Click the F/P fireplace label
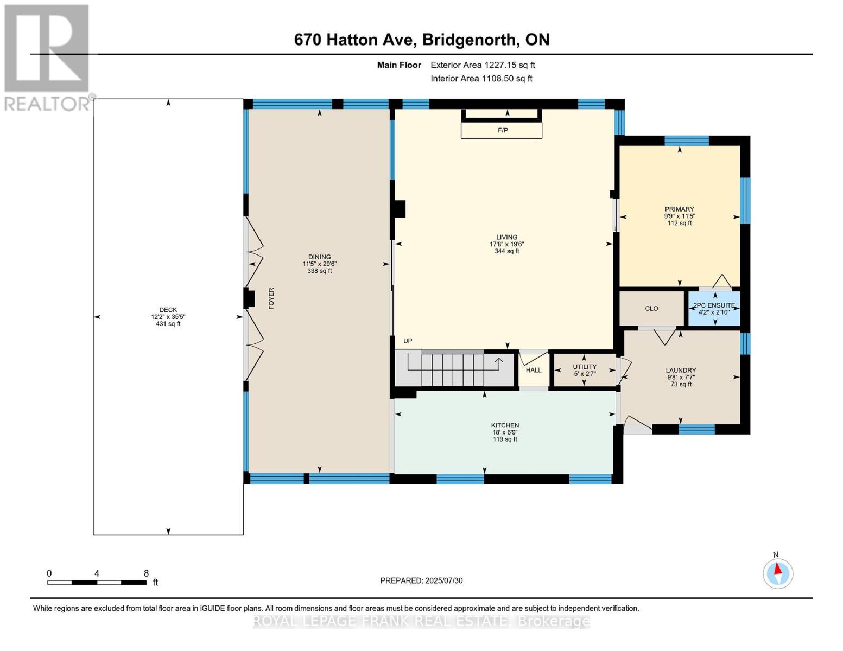[503, 131]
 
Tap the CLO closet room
[651, 309]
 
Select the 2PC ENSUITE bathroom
[714, 309]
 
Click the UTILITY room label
[585, 367]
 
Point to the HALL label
[534, 371]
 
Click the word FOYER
[271, 298]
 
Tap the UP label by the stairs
[408, 341]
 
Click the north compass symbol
[778, 573]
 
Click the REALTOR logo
[47, 57]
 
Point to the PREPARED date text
[421, 581]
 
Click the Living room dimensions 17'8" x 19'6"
[506, 244]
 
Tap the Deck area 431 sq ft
[168, 324]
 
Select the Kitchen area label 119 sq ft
[505, 439]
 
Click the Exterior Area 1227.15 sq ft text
[483, 65]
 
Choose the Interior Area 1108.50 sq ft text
[481, 79]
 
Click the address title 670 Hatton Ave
[421, 40]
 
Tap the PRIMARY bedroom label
[679, 209]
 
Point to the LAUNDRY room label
[681, 371]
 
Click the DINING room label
[319, 257]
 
